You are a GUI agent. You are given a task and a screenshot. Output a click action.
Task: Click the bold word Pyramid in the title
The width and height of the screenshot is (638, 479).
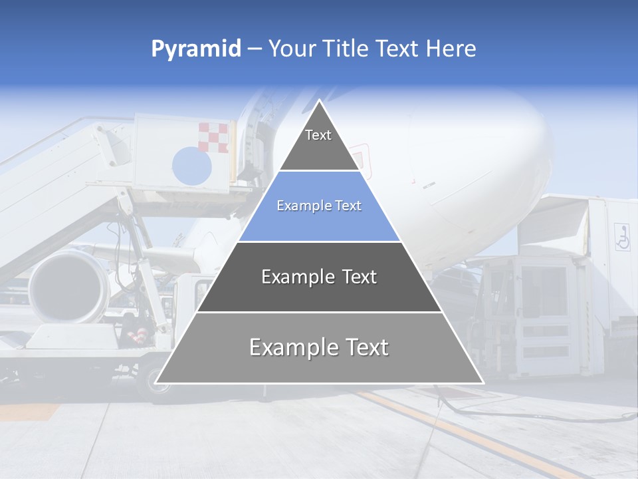(x=196, y=49)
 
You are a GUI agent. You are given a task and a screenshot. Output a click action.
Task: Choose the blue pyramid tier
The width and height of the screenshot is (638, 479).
(x=319, y=206)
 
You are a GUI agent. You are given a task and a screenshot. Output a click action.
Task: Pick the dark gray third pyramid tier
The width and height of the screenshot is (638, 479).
(x=319, y=277)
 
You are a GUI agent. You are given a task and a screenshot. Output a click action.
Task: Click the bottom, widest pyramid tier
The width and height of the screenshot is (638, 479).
(x=319, y=348)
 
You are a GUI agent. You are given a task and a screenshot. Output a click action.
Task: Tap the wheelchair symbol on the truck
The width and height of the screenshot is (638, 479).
(x=622, y=237)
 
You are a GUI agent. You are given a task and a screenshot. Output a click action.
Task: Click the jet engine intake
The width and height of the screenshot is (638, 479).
(x=66, y=286)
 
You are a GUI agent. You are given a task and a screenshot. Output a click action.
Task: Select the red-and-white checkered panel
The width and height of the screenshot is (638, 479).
(x=213, y=137)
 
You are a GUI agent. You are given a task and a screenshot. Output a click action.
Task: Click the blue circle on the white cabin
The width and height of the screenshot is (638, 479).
(x=191, y=166)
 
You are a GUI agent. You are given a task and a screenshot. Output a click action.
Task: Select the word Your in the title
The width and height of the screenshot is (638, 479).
(x=292, y=49)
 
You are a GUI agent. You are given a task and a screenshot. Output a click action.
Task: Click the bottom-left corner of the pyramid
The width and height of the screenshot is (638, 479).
(x=156, y=383)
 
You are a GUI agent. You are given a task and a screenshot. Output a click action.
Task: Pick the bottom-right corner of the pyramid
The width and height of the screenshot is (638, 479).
(x=483, y=383)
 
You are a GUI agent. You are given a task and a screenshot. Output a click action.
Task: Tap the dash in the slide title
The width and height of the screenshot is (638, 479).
(x=255, y=49)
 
